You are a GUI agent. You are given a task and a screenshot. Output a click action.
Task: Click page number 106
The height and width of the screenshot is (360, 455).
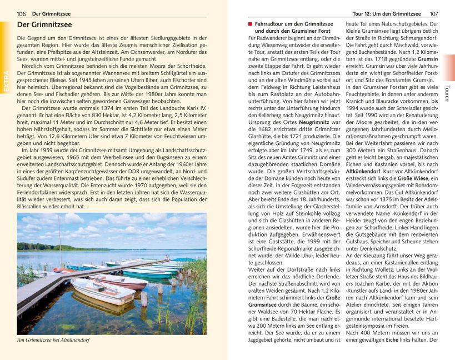[21, 13]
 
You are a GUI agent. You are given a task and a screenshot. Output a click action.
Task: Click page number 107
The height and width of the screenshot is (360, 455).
[434, 13]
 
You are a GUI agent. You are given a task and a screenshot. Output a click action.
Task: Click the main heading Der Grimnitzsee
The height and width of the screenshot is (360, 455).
[44, 25]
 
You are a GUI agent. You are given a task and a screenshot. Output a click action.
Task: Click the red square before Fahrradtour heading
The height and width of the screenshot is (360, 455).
[251, 24]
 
